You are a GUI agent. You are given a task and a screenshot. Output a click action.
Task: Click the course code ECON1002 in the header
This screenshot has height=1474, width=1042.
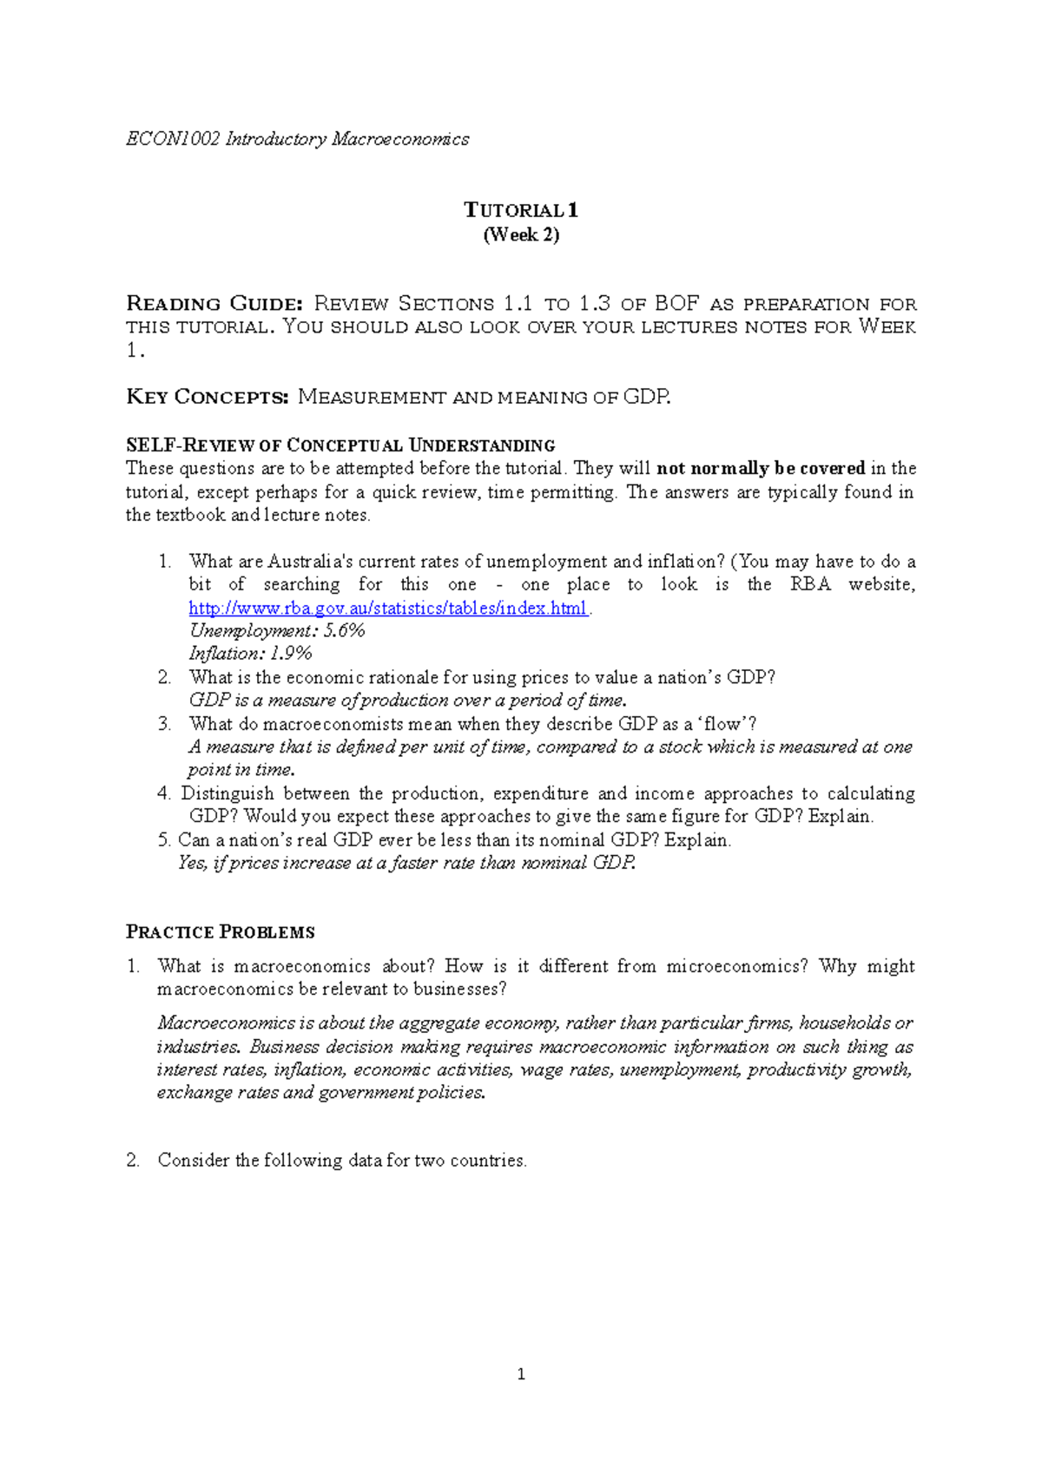(173, 139)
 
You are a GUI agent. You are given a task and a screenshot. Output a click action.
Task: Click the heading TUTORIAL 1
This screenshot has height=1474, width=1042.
(520, 210)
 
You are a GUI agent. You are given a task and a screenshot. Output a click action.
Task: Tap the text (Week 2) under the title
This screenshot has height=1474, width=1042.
(521, 234)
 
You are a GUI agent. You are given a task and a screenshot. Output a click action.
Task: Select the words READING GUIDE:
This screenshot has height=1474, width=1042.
(214, 304)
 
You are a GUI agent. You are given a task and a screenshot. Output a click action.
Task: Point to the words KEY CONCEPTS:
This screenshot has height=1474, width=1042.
(207, 398)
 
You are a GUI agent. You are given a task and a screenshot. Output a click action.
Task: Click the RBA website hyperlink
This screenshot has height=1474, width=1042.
(388, 608)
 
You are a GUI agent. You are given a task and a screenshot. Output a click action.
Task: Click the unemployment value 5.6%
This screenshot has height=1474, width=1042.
(344, 631)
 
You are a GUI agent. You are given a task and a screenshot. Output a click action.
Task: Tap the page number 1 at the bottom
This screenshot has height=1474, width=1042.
(520, 1374)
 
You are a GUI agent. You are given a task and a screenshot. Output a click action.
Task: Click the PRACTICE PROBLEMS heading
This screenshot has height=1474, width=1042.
(221, 932)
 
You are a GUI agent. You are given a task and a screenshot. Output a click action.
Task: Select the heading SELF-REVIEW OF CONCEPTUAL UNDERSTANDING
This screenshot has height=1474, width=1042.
(340, 445)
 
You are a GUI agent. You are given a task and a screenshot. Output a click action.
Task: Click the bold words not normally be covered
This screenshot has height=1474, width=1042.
(761, 469)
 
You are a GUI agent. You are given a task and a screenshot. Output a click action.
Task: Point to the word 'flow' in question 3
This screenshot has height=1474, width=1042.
(724, 724)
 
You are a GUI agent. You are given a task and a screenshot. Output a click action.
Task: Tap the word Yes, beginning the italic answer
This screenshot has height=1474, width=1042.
(192, 863)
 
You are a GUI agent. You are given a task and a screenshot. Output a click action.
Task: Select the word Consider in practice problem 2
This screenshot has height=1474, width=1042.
(194, 1161)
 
